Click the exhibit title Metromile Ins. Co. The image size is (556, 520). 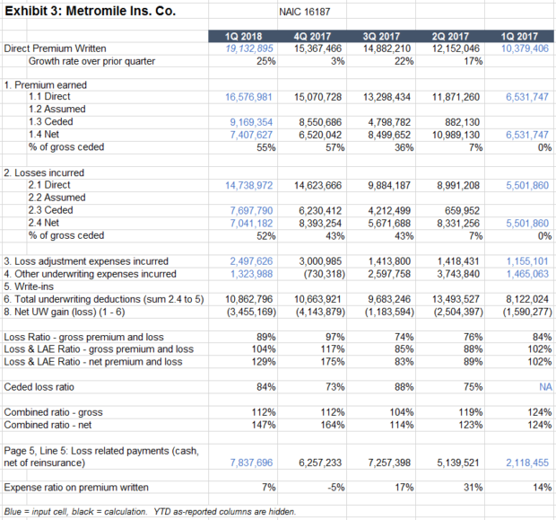90,13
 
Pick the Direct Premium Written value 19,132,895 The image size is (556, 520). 250,48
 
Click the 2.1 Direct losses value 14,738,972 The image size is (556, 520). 248,185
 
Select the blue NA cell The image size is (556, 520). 544,387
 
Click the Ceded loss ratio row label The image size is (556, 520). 44,387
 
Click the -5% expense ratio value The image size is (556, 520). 331,487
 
